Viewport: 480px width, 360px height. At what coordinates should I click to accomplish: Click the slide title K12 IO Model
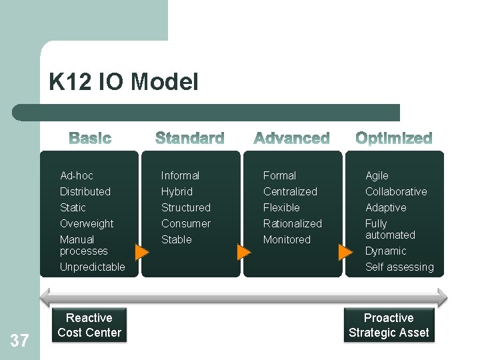123,82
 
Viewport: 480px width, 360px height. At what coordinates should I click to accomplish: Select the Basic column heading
90,139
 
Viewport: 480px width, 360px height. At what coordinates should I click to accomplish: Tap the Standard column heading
189,139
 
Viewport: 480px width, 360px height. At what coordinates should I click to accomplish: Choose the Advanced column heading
291,139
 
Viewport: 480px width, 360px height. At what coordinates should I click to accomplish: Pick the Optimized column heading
393,139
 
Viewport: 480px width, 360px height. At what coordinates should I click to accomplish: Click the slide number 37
19,341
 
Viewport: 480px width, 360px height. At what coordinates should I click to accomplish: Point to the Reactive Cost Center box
89,325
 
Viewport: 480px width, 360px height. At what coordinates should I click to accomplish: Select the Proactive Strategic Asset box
389,325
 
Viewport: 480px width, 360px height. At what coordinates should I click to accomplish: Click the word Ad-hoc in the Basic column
77,175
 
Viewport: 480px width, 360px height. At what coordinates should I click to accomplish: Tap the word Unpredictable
92,267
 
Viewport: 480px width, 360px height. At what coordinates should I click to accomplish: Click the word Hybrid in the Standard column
177,191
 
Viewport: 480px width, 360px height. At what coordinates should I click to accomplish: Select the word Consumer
185,223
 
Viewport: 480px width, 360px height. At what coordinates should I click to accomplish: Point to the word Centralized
290,191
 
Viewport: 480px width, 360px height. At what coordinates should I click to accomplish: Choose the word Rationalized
292,223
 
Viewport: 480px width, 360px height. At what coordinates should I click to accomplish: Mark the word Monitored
287,239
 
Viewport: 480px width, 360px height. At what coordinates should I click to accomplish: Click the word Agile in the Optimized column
377,175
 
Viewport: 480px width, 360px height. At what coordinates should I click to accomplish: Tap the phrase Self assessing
399,267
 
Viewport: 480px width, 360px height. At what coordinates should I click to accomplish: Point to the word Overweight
87,223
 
